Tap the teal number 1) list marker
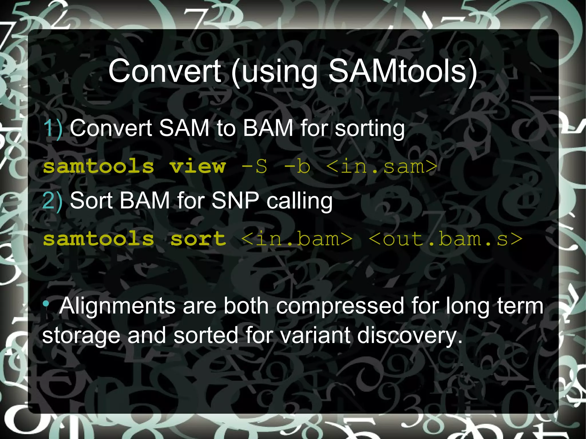[x=53, y=128]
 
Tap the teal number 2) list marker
[x=52, y=200]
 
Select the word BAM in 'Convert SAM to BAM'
[x=268, y=128]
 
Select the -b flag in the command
[x=297, y=166]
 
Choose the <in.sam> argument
[x=382, y=166]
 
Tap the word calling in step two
[x=300, y=201]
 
